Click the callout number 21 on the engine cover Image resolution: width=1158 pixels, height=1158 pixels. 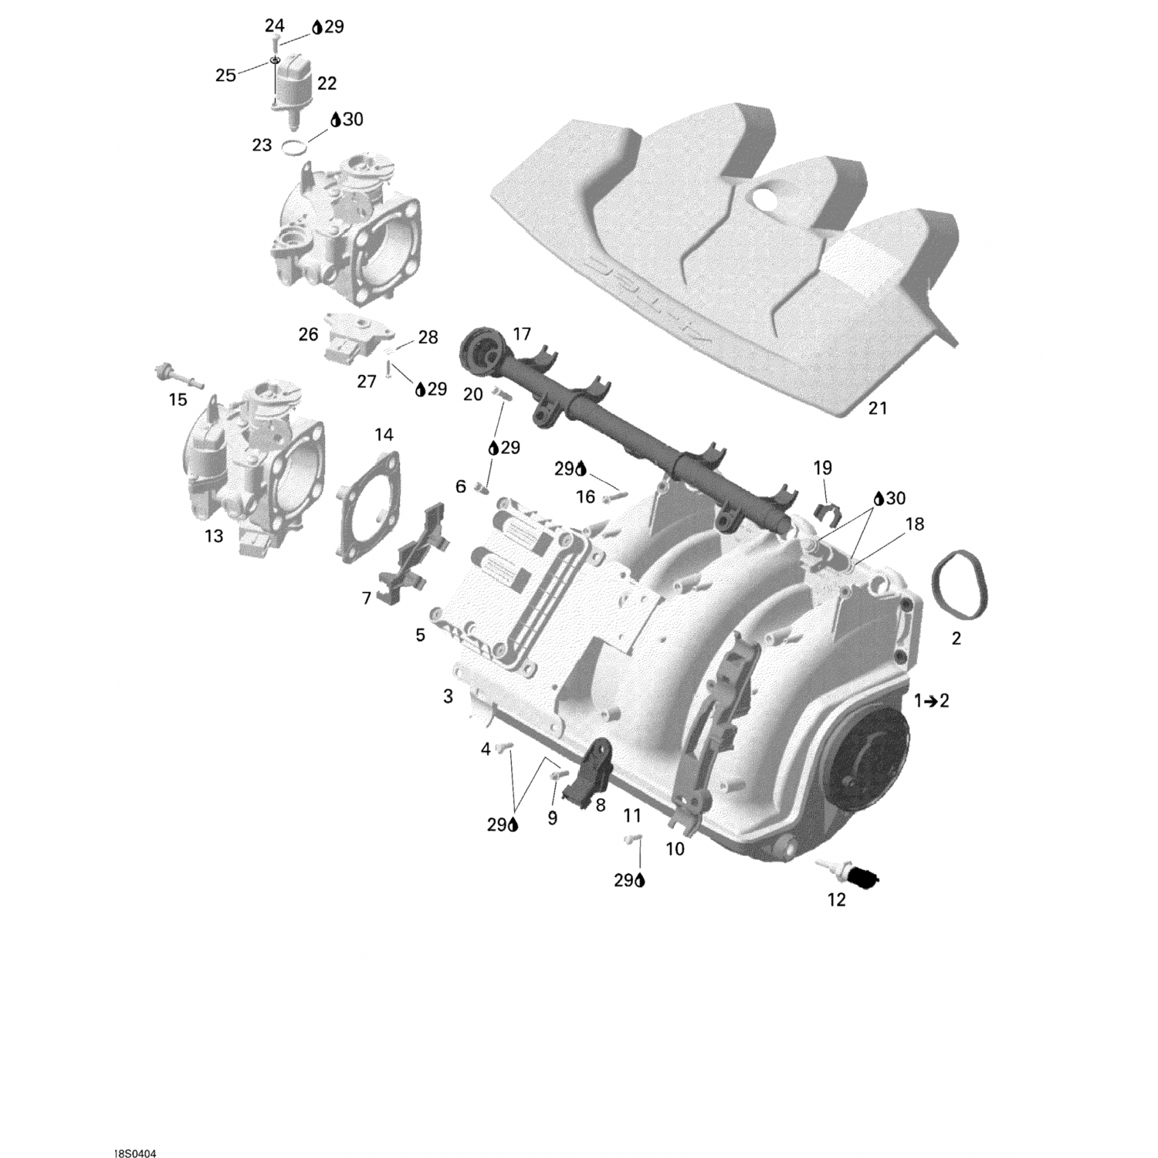(878, 408)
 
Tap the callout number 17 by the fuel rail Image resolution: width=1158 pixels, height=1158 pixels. (522, 334)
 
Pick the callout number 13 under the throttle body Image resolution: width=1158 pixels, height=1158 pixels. (214, 535)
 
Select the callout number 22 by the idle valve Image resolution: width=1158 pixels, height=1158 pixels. (327, 83)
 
